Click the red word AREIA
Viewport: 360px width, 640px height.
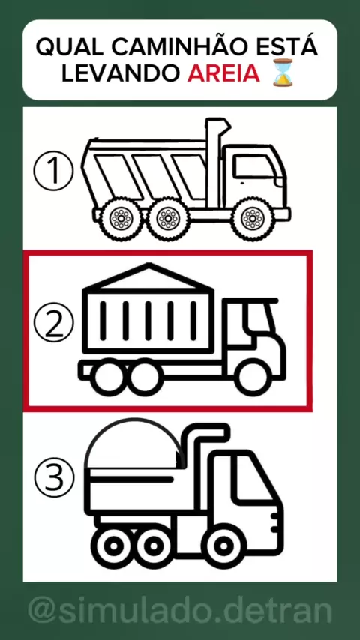pos(223,73)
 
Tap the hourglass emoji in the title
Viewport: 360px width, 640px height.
pos(282,72)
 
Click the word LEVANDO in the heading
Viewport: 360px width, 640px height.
pos(121,73)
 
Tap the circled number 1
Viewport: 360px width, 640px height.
pos(53,172)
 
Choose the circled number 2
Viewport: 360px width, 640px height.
pos(53,322)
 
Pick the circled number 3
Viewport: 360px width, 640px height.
pos(54,477)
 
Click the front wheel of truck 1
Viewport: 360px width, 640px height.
pos(253,218)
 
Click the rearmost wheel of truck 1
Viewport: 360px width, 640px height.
pos(121,218)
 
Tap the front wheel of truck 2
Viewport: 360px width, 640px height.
pos(253,378)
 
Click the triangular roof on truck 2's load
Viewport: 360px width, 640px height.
pos(148,276)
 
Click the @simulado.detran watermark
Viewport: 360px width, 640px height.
pos(180,612)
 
